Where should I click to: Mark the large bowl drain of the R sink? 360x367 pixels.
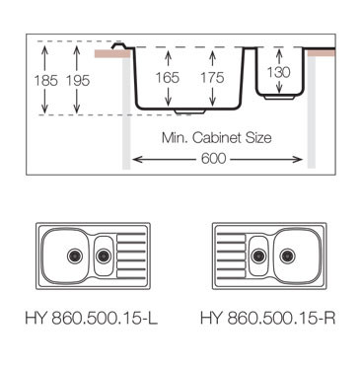pos(289,255)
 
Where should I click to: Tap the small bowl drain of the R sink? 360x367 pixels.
pos(257,256)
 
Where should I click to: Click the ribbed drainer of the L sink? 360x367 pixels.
pos(130,255)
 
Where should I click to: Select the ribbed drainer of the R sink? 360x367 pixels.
pos(229,255)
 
